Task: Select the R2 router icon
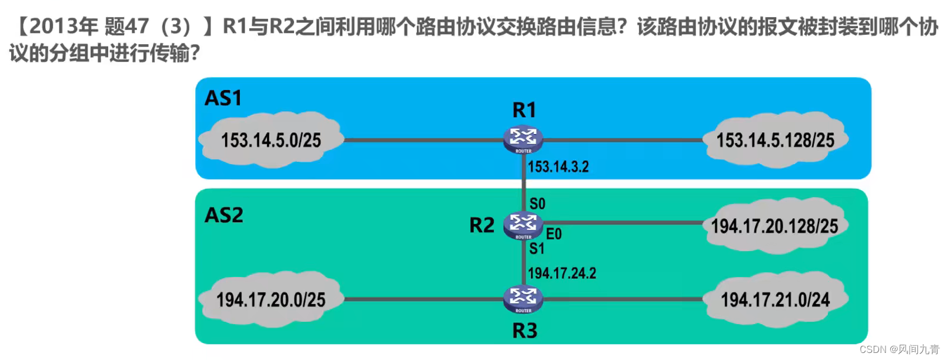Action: pyautogui.click(x=523, y=225)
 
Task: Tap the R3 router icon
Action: pyautogui.click(x=523, y=299)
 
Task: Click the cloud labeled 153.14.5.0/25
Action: pyautogui.click(x=271, y=140)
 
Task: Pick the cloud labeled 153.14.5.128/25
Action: pyautogui.click(x=775, y=140)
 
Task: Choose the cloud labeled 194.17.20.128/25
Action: pyautogui.click(x=774, y=226)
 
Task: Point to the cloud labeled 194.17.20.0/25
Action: pyautogui.click(x=270, y=299)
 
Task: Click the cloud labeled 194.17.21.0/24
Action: pyautogui.click(x=775, y=299)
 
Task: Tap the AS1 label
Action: pyautogui.click(x=223, y=98)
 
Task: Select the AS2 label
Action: pyautogui.click(x=223, y=215)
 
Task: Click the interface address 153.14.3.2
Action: pyautogui.click(x=558, y=167)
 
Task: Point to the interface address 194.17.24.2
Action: pyautogui.click(x=562, y=274)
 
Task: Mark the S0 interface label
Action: pyautogui.click(x=537, y=204)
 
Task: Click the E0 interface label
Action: pyautogui.click(x=554, y=234)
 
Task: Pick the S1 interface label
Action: pyautogui.click(x=537, y=249)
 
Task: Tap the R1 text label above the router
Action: pyautogui.click(x=524, y=110)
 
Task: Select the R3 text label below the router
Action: pyautogui.click(x=524, y=331)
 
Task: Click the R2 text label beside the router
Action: pyautogui.click(x=482, y=225)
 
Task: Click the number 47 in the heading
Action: pyautogui.click(x=136, y=26)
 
